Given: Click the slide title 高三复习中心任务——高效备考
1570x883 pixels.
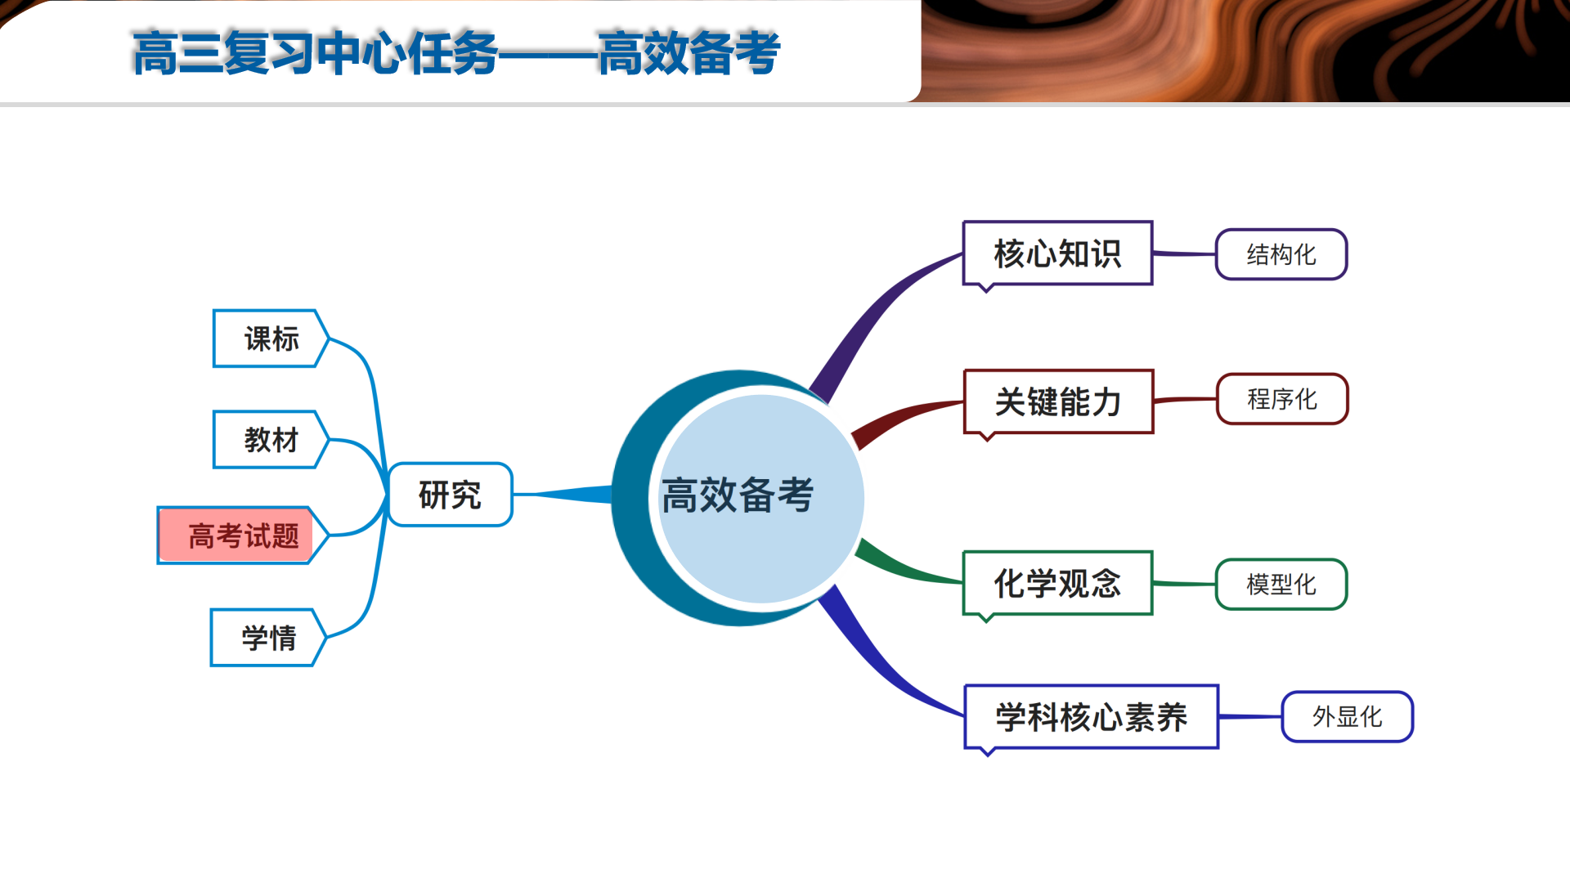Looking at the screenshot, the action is pos(456,53).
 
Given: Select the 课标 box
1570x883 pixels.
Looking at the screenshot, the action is pos(271,338).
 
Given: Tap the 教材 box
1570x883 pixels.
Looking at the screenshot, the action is pos(271,440).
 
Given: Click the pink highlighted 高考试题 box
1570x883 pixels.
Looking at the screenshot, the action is pos(243,536).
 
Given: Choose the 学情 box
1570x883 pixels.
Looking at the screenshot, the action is pos(268,638).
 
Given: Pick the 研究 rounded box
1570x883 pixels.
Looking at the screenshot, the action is pos(450,495).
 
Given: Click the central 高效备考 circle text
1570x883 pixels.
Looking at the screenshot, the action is pos(738,495).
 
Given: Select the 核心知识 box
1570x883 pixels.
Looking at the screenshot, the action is pos(1058,253).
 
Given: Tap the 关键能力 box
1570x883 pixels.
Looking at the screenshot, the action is pos(1059,401).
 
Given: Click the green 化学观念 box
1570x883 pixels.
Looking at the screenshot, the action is pos(1058,583).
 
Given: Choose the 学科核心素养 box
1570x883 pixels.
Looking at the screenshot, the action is pos(1092,717).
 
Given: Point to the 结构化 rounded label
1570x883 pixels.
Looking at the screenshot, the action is pos(1281,254).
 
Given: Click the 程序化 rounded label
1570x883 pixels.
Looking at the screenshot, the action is pos(1282,399).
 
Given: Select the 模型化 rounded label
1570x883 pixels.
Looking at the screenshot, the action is pos(1281,585).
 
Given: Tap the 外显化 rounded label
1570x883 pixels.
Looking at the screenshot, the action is pos(1348,717).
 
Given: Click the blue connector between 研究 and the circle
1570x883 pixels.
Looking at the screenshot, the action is pos(563,495).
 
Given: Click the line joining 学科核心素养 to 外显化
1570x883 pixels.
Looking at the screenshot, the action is pos(1250,717).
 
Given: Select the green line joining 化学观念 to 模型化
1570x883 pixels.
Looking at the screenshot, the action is pos(1184,584).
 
